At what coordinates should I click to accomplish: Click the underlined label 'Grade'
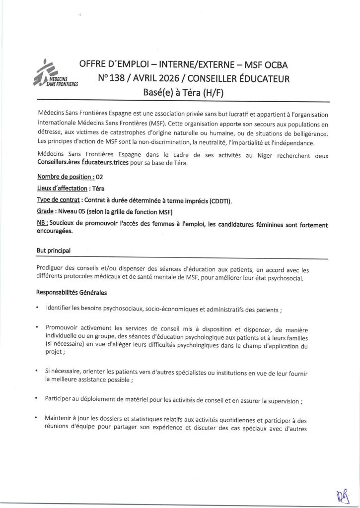[x=46, y=212]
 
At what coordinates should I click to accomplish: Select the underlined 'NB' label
[x=42, y=224]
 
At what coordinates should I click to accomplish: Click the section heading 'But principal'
[x=54, y=251]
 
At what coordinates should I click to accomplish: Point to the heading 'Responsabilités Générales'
[x=71, y=292]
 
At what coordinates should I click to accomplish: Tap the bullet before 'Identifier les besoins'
[x=38, y=310]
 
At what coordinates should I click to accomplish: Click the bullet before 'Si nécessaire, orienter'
[x=38, y=371]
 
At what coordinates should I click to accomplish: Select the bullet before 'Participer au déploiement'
[x=38, y=398]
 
